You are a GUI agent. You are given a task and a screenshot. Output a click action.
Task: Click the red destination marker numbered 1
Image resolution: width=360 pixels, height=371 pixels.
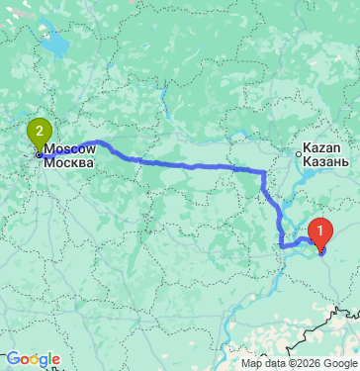tap(319, 232)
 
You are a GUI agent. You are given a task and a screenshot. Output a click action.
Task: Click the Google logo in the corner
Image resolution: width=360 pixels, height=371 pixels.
tap(32, 358)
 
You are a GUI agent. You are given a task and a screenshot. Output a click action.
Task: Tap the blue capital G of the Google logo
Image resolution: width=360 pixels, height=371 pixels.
tap(11, 358)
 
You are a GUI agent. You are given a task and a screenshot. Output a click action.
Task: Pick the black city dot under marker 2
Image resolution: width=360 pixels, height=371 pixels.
tap(39, 153)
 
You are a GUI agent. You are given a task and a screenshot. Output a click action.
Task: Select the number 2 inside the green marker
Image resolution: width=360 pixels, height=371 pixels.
tap(39, 129)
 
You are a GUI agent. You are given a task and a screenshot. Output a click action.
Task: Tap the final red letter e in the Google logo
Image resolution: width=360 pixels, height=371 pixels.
tap(55, 359)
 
